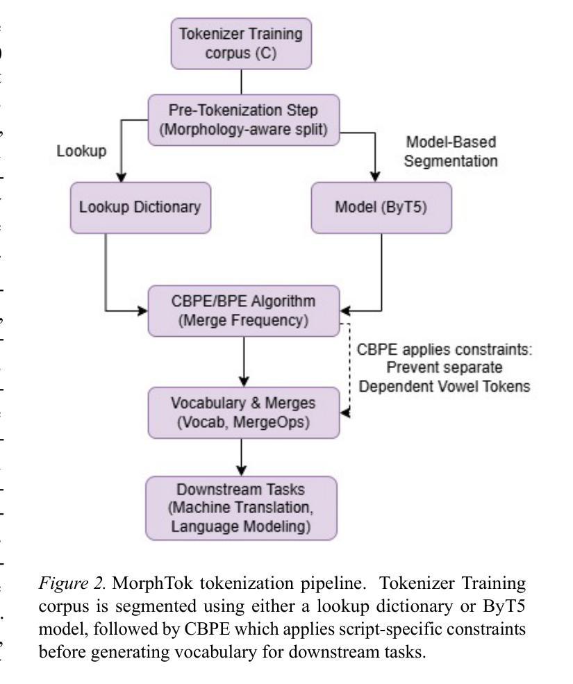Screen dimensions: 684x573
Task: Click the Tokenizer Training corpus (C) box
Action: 240,43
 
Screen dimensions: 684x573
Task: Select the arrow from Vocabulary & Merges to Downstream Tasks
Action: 240,458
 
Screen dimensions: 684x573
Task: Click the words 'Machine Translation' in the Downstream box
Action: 240,511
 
